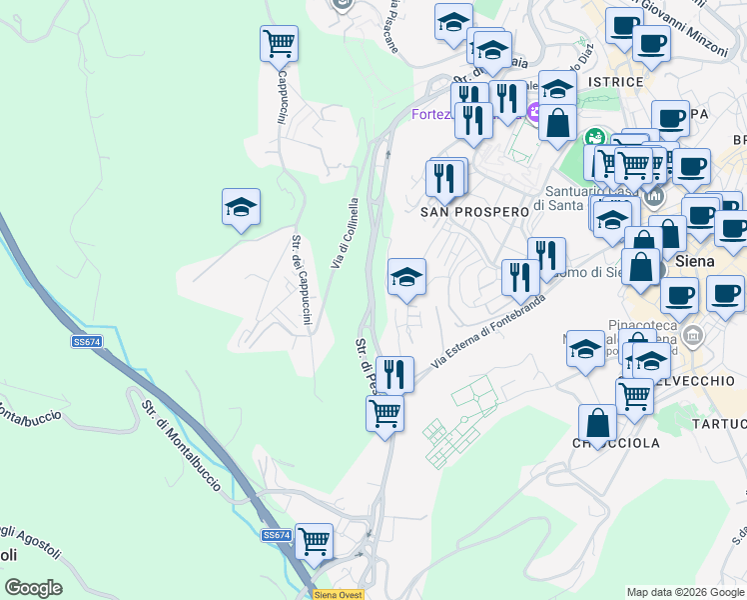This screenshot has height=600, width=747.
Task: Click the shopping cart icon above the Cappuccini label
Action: (x=279, y=43)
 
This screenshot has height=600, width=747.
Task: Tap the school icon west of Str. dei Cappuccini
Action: (x=241, y=207)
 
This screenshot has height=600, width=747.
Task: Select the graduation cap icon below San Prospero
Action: (x=406, y=277)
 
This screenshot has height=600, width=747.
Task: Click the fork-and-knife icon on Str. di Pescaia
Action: (x=394, y=375)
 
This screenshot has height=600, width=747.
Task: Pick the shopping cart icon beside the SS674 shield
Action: (x=315, y=542)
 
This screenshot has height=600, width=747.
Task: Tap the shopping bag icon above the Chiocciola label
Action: (x=597, y=422)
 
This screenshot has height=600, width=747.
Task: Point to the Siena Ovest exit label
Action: (x=340, y=594)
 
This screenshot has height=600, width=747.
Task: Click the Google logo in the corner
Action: (x=33, y=587)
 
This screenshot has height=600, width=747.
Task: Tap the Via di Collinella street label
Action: (x=343, y=233)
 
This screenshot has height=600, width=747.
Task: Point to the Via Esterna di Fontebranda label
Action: (x=488, y=330)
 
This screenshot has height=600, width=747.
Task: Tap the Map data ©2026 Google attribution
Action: (x=685, y=592)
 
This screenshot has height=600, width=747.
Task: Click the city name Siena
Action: (x=695, y=261)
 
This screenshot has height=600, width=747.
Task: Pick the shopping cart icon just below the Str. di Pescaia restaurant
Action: (x=384, y=413)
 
